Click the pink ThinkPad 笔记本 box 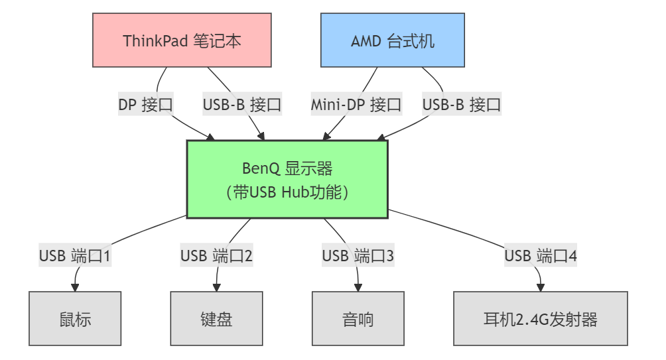pyautogui.click(x=182, y=40)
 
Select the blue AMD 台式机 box pyautogui.click(x=393, y=40)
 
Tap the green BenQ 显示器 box pyautogui.click(x=287, y=179)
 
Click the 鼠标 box pyautogui.click(x=75, y=319)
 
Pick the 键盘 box pyautogui.click(x=216, y=319)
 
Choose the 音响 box pyautogui.click(x=358, y=319)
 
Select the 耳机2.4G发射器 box pyautogui.click(x=541, y=319)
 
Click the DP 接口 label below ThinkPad pyautogui.click(x=146, y=104)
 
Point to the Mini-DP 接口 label pyautogui.click(x=356, y=104)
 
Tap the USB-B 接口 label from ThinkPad pyautogui.click(x=243, y=104)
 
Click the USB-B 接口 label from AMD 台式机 pyautogui.click(x=462, y=104)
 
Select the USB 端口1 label pyautogui.click(x=75, y=255)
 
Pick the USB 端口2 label pyautogui.click(x=216, y=255)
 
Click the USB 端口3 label pyautogui.click(x=358, y=255)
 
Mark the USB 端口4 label pyautogui.click(x=541, y=255)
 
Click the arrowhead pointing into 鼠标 pyautogui.click(x=75, y=288)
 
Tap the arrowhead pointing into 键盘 pyautogui.click(x=216, y=288)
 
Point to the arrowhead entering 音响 pyautogui.click(x=358, y=288)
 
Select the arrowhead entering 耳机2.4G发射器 pyautogui.click(x=541, y=288)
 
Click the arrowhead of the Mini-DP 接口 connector pyautogui.click(x=326, y=137)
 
